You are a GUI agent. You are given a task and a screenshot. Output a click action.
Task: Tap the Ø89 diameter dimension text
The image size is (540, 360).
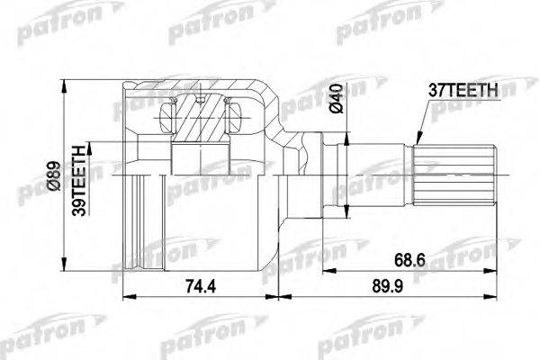[x=50, y=175]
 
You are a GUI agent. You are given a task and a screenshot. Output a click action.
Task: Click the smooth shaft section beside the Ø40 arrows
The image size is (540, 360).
[x=328, y=176]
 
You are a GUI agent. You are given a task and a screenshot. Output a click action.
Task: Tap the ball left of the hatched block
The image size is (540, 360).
[x=166, y=116]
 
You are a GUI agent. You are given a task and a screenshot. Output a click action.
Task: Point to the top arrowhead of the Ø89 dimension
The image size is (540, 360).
[x=63, y=86]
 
